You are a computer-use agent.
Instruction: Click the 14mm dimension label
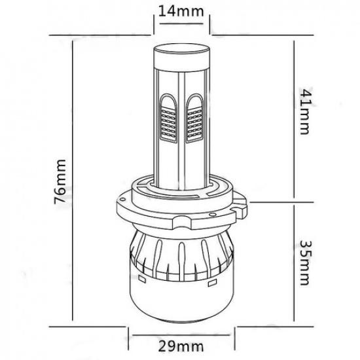(181, 12)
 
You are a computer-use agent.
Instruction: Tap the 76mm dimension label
(60, 181)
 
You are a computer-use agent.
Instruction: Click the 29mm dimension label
(181, 346)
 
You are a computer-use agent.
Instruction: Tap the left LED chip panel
(168, 124)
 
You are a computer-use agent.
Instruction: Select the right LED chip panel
(195, 124)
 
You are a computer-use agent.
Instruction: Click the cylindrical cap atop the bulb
(181, 58)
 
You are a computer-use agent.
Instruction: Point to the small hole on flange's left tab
(123, 199)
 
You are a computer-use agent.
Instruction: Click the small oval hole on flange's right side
(213, 215)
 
